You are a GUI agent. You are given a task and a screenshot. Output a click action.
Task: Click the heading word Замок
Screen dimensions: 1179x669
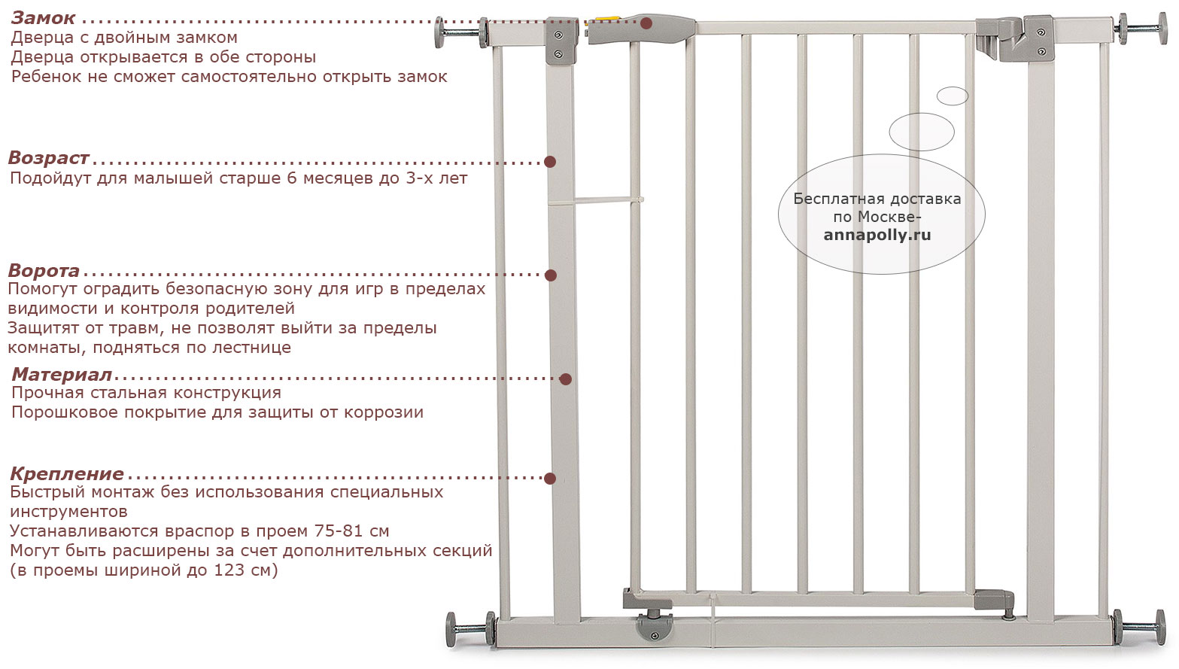pyautogui.click(x=43, y=18)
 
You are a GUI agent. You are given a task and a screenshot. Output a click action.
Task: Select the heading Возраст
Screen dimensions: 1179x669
pyautogui.click(x=48, y=157)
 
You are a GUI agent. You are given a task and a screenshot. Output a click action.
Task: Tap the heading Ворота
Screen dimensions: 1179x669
pyautogui.click(x=44, y=271)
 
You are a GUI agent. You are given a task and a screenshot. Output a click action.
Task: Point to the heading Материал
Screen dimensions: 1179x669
pyautogui.click(x=62, y=374)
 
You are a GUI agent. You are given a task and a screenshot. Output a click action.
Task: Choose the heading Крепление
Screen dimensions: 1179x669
pyautogui.click(x=67, y=474)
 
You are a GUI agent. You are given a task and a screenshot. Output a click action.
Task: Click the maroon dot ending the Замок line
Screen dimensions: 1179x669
pyautogui.click(x=646, y=23)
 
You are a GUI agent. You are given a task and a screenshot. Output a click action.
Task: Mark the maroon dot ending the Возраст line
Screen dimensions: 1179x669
pyautogui.click(x=550, y=162)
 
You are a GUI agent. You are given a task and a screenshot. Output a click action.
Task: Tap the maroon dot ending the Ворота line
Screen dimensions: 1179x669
pyautogui.click(x=551, y=275)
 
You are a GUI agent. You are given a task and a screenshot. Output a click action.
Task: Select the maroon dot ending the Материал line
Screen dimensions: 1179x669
pyautogui.click(x=565, y=379)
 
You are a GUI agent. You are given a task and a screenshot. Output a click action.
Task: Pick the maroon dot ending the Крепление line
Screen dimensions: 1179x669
pyautogui.click(x=550, y=479)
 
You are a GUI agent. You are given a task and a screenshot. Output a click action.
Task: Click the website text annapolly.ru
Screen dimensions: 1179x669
pyautogui.click(x=877, y=236)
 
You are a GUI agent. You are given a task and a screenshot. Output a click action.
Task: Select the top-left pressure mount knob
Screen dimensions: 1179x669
pyautogui.click(x=439, y=32)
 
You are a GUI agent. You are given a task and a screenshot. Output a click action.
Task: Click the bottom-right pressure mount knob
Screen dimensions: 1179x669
pyautogui.click(x=1160, y=627)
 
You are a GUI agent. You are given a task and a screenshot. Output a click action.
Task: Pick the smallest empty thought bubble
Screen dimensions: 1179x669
pyautogui.click(x=952, y=96)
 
